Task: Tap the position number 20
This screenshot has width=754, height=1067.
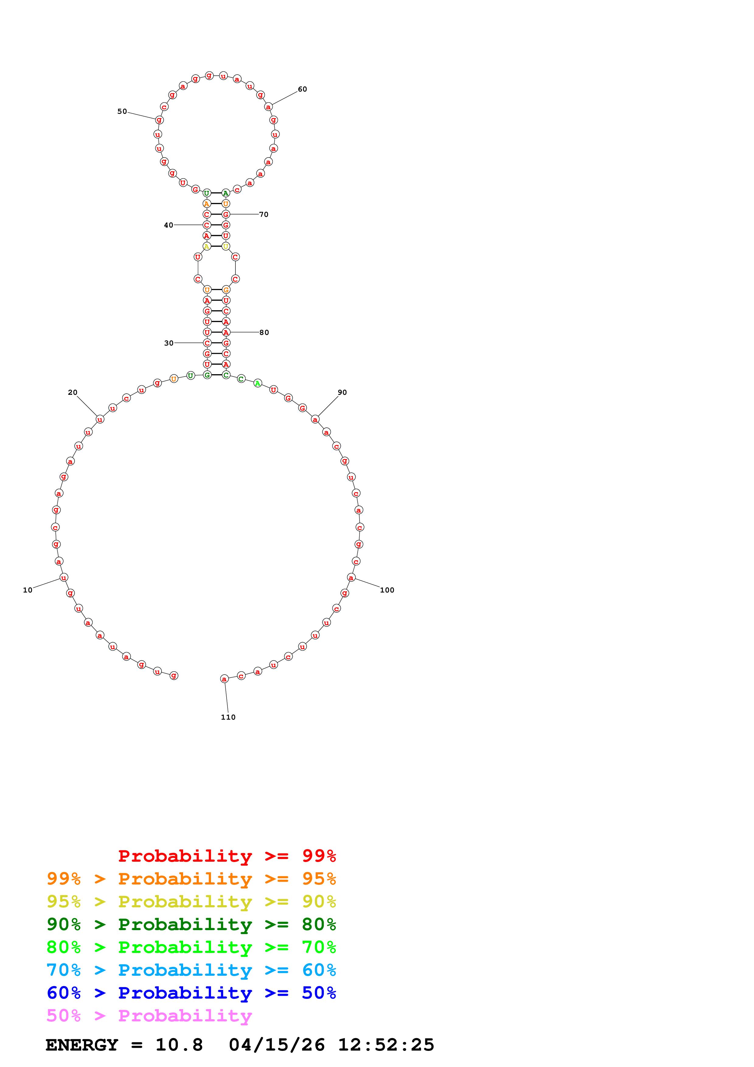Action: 72,392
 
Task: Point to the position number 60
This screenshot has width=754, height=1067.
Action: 302,89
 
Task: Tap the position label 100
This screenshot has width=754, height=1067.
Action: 387,590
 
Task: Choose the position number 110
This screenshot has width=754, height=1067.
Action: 228,717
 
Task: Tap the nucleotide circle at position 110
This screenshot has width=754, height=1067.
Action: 224,679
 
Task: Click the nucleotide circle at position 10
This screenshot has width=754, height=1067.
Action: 64,578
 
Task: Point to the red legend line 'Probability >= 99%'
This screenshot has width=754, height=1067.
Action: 227,856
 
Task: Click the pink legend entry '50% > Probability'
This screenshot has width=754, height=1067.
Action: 149,1016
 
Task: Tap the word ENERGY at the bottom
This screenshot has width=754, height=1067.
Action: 82,1045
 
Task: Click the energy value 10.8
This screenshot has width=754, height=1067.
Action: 179,1045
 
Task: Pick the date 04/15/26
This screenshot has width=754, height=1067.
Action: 277,1045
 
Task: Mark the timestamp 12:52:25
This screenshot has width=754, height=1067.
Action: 386,1045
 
